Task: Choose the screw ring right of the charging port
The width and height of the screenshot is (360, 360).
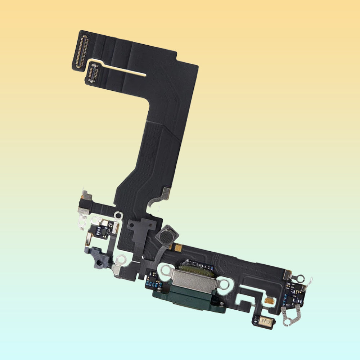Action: coord(224,284)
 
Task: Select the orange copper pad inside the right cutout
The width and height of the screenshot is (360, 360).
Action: coord(268,300)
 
